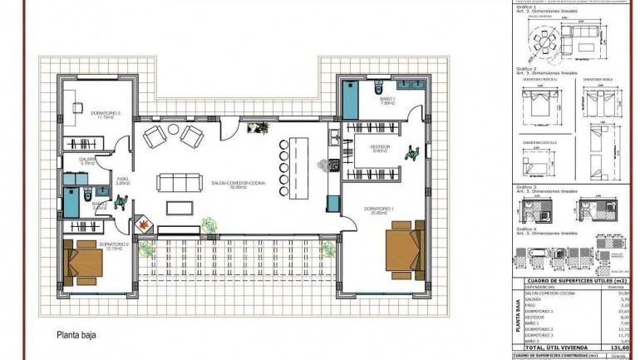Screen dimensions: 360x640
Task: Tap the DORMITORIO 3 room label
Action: tap(106, 115)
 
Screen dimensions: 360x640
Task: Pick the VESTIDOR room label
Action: tap(380, 148)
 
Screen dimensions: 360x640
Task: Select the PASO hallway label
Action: tap(121, 178)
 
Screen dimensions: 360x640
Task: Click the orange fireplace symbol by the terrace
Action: tap(142, 224)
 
